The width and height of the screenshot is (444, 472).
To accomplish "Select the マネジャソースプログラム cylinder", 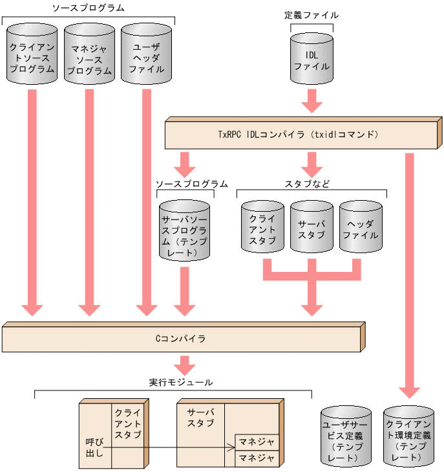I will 89,54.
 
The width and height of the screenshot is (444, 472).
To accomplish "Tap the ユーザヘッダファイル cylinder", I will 147,54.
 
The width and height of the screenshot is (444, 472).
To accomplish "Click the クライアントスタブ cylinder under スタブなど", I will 262,227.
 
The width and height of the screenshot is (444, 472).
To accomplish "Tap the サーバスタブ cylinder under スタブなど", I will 312,227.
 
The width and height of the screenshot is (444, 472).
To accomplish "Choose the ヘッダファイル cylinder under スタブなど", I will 361,227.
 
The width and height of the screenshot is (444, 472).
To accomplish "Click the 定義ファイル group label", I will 311,14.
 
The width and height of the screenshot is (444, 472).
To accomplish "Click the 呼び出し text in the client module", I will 94,447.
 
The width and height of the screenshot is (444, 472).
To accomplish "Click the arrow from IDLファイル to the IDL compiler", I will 312,100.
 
